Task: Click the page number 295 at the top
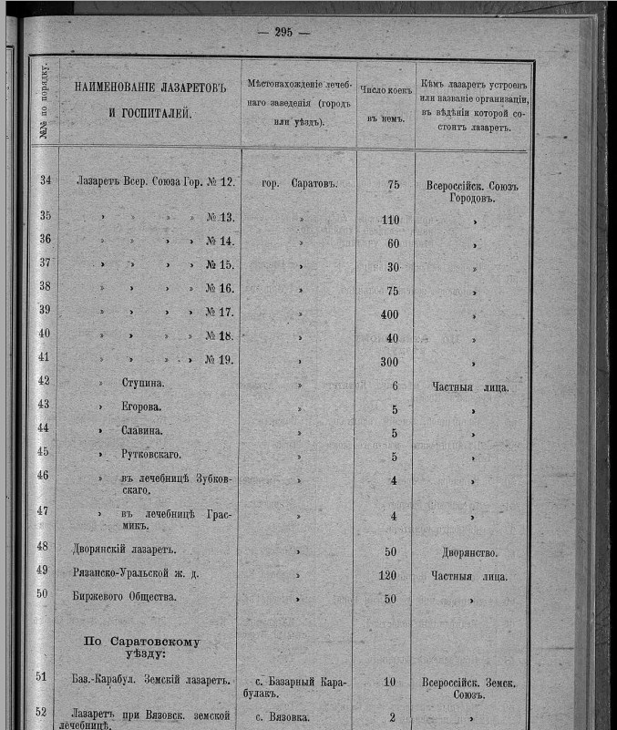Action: [x=283, y=32]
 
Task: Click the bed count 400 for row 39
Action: [x=389, y=314]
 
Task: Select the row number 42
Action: [x=44, y=382]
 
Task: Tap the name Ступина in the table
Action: [x=142, y=384]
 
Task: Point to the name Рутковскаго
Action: [x=151, y=453]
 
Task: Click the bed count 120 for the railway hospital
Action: [x=389, y=575]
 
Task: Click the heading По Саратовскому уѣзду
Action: [x=141, y=648]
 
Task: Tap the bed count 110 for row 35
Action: [x=390, y=220]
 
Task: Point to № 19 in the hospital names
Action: [x=220, y=360]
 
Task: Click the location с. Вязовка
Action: [x=296, y=717]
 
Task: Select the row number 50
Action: [x=44, y=595]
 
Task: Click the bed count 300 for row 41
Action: [x=389, y=360]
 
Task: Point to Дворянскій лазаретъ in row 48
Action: [x=123, y=550]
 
